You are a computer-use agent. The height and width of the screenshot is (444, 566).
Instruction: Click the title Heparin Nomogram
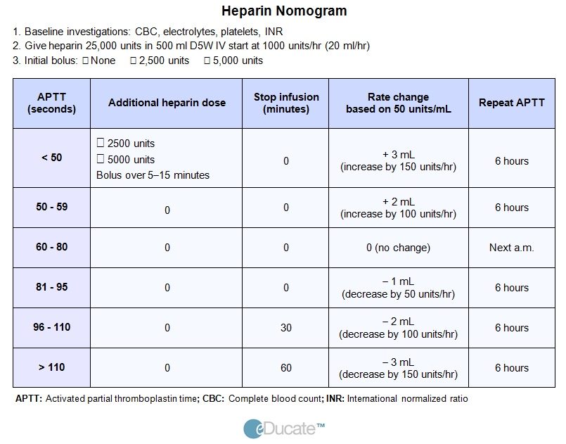284,11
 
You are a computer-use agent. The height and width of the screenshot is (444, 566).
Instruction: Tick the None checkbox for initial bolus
86,61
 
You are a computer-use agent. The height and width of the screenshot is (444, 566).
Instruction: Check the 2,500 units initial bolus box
133,61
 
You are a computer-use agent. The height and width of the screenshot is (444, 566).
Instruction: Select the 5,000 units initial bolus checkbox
207,61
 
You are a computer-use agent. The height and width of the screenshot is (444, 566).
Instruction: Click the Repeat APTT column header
511,103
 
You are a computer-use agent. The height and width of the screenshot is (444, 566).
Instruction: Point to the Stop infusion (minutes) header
286,103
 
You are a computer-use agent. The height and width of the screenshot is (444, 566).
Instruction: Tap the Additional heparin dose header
167,103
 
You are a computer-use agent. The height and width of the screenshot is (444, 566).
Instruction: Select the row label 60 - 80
51,247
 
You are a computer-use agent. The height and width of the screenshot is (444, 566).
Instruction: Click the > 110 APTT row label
51,367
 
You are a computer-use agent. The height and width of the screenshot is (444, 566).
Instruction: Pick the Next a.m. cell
511,248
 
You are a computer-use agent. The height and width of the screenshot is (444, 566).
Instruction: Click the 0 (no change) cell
398,248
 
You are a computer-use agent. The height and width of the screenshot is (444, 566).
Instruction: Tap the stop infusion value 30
286,328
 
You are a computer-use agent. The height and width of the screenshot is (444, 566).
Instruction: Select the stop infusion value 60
286,368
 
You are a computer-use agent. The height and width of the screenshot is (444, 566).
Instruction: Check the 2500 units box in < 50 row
101,143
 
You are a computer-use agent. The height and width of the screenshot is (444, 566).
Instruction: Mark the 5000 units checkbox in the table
101,158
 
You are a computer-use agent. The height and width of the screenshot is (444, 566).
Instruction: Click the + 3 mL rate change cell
398,160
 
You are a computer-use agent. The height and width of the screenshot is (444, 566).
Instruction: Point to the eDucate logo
284,429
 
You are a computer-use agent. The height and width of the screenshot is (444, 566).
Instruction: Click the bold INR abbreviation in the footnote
335,398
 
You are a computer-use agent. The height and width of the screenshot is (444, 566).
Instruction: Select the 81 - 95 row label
51,287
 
